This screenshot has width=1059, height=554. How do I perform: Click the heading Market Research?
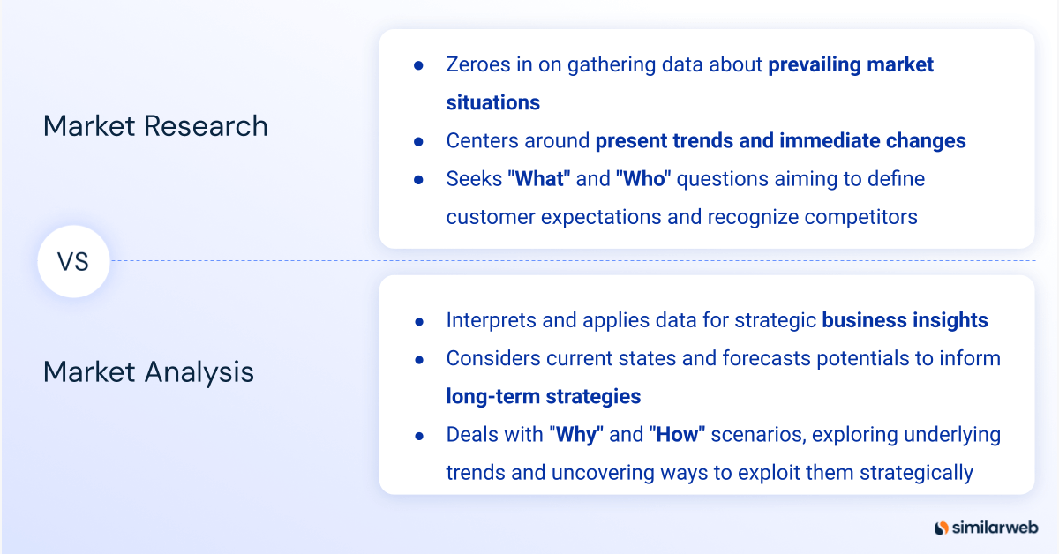155,126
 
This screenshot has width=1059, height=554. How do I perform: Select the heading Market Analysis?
148,371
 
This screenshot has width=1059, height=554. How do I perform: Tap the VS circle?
73,261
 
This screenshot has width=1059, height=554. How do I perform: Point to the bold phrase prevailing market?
851,64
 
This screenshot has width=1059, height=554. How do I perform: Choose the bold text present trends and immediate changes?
780,140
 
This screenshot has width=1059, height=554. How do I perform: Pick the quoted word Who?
643,179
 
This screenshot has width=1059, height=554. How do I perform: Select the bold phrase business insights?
905,320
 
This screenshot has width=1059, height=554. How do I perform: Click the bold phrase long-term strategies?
543,396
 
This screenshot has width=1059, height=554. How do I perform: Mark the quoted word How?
677,434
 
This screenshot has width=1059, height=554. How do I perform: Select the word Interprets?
491,320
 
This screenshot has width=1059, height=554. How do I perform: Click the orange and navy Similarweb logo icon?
941,528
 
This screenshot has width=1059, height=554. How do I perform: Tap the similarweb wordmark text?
995,528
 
